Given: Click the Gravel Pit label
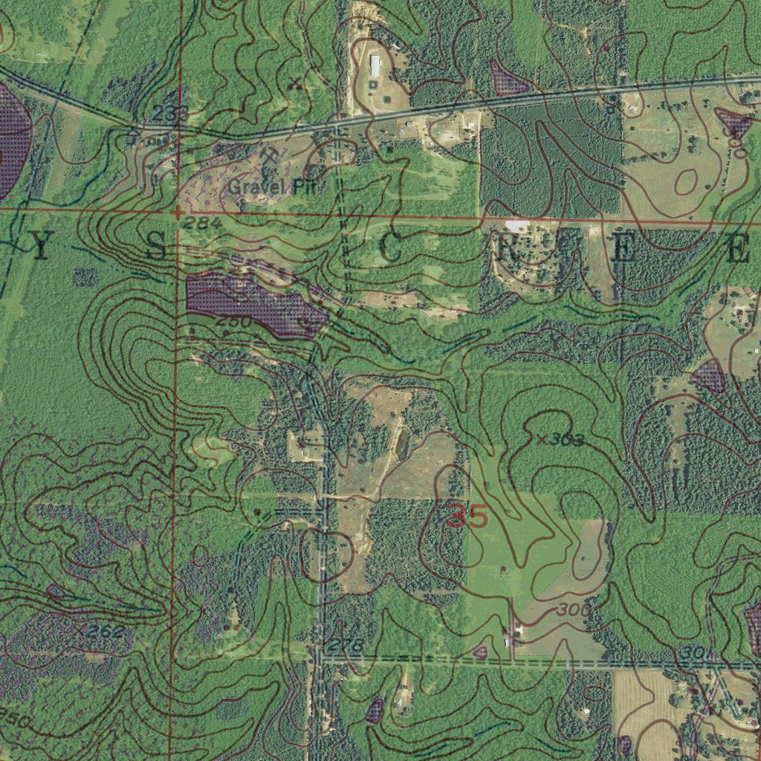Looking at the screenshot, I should (x=272, y=187).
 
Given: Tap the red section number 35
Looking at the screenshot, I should (x=468, y=516).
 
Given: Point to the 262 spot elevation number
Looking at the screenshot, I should (x=103, y=632).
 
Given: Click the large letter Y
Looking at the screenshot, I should (x=42, y=247).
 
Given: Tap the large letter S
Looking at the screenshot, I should (x=156, y=247).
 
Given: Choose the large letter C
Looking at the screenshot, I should (x=392, y=250).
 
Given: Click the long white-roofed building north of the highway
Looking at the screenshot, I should (x=375, y=65).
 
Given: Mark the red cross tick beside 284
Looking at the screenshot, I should (x=176, y=213).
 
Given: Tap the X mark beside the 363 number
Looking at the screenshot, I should (x=542, y=440).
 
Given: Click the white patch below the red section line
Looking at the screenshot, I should (x=517, y=224).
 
